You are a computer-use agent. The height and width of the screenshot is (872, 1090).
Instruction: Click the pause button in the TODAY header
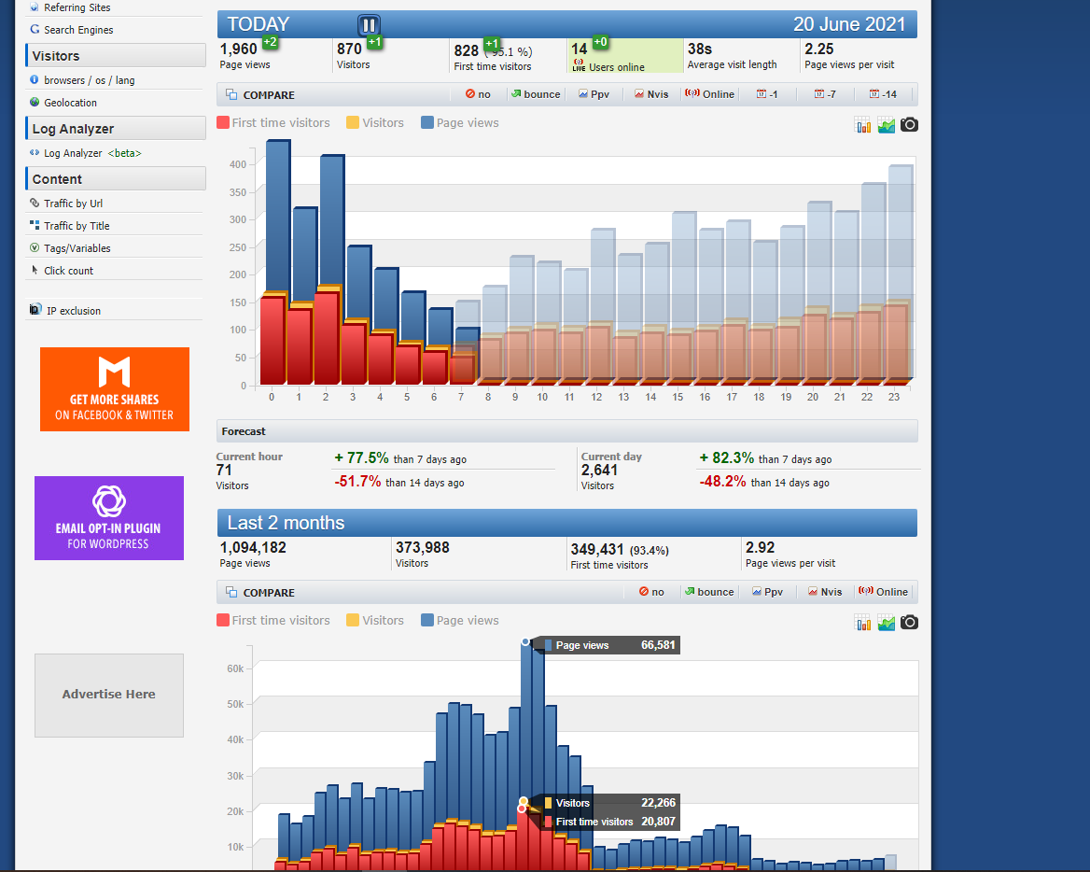[x=369, y=25]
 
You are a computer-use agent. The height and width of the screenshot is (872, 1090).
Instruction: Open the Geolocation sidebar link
[x=70, y=103]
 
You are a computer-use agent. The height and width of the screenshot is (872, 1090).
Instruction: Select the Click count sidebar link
[x=68, y=271]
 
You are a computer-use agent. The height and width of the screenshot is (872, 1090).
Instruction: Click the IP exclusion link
[x=73, y=311]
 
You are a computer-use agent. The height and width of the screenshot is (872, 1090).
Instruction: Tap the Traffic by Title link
[x=77, y=226]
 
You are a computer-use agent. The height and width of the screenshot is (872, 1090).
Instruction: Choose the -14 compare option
[x=883, y=94]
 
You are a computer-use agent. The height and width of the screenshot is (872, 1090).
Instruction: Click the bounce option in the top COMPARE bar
[x=536, y=94]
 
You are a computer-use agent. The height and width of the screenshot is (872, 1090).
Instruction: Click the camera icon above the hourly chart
[x=909, y=124]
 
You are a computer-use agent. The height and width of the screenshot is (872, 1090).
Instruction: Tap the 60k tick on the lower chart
[x=235, y=668]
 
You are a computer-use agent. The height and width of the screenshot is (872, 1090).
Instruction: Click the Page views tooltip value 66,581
[x=658, y=645]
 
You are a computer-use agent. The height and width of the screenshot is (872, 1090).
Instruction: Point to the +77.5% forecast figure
[x=361, y=458]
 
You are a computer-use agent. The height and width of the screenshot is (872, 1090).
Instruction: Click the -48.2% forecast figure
[x=723, y=482]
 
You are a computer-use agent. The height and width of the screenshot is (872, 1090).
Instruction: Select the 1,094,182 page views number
[x=253, y=548]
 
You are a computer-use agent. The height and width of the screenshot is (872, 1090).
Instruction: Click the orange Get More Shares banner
[x=115, y=389]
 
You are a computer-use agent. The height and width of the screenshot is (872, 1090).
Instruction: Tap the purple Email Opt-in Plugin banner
[x=109, y=518]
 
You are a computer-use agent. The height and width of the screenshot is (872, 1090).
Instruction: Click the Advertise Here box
[x=109, y=695]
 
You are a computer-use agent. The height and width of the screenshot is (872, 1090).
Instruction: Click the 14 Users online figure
[x=580, y=49]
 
